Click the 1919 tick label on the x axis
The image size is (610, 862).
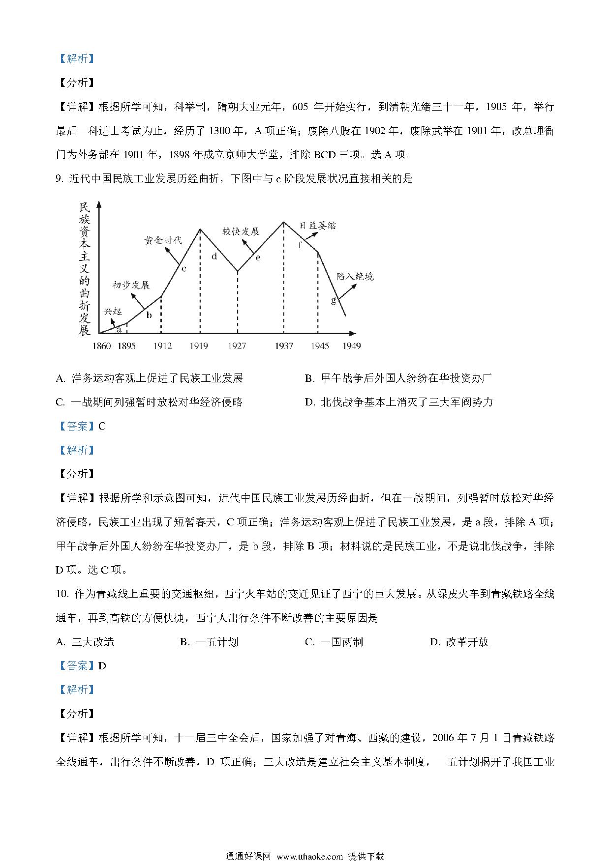point(199,346)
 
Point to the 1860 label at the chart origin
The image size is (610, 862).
point(102,346)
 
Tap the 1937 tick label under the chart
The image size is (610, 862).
point(283,346)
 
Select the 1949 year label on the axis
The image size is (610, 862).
point(351,346)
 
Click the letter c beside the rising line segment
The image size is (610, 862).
point(183,268)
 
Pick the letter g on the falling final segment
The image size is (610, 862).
point(334,300)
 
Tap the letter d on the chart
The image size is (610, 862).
point(214,256)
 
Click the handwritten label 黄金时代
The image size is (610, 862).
point(163,240)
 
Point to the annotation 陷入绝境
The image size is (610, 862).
point(355,276)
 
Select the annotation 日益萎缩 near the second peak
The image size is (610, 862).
point(318,226)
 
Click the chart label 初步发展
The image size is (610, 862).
point(131,285)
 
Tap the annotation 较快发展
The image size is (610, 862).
point(241,231)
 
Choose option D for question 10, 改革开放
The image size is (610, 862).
point(459,642)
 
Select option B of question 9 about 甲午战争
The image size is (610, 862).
point(398,378)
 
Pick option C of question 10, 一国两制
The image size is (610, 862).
point(335,642)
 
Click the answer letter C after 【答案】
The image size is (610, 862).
point(102,426)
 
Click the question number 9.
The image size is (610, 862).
point(60,179)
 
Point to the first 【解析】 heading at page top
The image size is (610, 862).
point(76,58)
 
